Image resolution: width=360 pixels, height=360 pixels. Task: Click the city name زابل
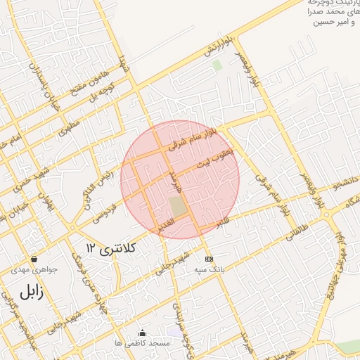(31, 291)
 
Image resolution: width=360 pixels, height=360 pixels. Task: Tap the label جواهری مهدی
(34, 269)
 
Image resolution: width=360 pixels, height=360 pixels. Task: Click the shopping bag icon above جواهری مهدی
(34, 259)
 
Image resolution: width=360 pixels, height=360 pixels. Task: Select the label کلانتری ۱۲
(110, 248)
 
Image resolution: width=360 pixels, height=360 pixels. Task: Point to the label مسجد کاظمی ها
(143, 342)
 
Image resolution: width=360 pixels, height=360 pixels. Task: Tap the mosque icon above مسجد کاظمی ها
(143, 333)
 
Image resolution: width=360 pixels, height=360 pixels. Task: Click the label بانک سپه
(207, 269)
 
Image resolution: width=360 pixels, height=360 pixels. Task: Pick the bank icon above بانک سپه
(207, 259)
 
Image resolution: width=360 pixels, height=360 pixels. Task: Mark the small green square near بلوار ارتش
(217, 65)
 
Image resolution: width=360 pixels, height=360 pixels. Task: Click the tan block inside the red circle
(179, 207)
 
